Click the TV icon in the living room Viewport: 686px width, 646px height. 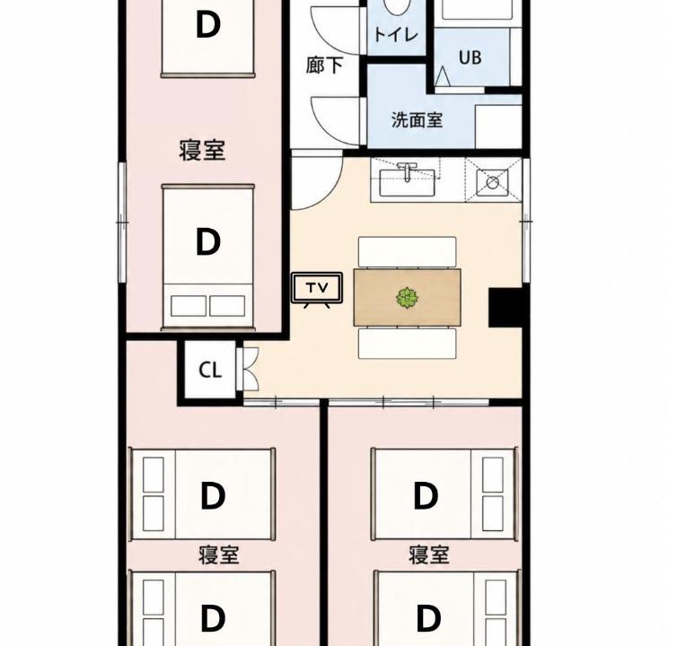pos(317,290)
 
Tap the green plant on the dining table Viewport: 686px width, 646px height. pos(407,298)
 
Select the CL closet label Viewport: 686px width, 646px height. pos(210,371)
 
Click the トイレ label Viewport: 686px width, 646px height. pos(396,34)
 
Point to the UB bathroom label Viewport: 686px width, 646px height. pos(471,57)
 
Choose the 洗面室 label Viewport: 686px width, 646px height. pos(417,119)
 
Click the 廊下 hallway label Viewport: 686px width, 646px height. pos(324,65)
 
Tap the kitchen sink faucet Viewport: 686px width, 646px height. pos(408,170)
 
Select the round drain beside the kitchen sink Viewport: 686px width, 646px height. pos(493,182)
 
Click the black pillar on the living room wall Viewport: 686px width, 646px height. pos(506,307)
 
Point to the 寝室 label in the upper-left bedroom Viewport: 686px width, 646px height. pos(202,150)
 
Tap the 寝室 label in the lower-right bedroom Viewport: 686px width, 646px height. pos(429,555)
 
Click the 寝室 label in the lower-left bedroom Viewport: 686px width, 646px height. pos(219,555)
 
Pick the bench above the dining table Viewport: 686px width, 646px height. pos(408,252)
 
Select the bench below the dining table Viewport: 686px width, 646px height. pos(408,344)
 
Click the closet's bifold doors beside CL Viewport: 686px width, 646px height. pos(248,370)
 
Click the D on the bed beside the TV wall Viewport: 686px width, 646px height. pos(207,241)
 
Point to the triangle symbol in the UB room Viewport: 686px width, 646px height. pos(443,76)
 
